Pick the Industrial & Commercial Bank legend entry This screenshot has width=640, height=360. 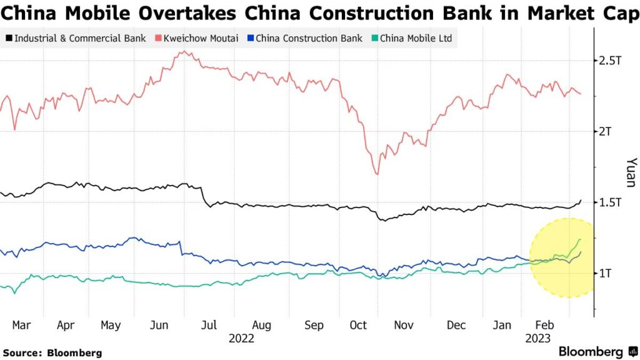pyautogui.click(x=77, y=39)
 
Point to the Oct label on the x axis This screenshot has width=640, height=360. pyautogui.click(x=358, y=326)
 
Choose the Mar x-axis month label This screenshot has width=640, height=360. pyautogui.click(x=21, y=326)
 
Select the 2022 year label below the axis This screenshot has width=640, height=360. pyautogui.click(x=241, y=338)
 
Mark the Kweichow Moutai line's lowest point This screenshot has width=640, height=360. pyautogui.click(x=376, y=174)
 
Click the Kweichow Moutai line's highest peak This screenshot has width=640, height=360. pyautogui.click(x=182, y=52)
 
